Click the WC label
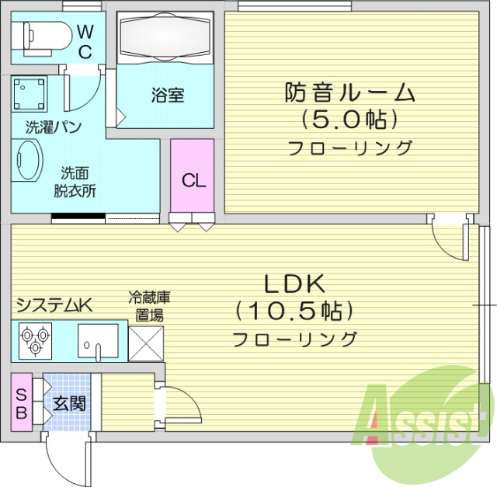pyautogui.click(x=85, y=42)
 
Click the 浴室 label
pyautogui.click(x=167, y=96)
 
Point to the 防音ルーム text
pyautogui.click(x=349, y=93)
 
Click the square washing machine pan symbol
pyautogui.click(x=30, y=93)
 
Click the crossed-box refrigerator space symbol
pyautogui.click(x=147, y=342)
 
